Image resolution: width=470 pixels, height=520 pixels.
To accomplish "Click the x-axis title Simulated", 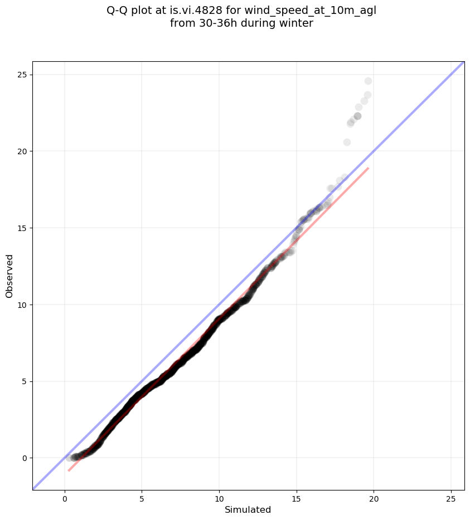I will (x=248, y=509).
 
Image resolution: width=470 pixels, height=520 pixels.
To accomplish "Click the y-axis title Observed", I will (x=9, y=276).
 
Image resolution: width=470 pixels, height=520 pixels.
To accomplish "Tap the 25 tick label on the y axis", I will (x=22, y=75).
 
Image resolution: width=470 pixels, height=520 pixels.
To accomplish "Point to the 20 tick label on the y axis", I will (x=22, y=151).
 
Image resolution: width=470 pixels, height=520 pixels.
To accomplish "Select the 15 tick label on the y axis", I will (x=22, y=228).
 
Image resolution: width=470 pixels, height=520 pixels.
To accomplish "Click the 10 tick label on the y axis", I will (x=22, y=305).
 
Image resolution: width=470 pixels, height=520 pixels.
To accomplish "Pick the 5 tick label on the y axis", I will (x=24, y=381).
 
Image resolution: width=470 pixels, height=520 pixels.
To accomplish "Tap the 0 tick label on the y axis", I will (x=24, y=458).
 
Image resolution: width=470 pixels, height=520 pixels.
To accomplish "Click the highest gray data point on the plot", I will (x=368, y=81).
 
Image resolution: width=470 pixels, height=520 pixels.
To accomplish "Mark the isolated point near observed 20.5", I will (x=347, y=142).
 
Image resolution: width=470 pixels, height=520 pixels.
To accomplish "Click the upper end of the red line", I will (x=368, y=168).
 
